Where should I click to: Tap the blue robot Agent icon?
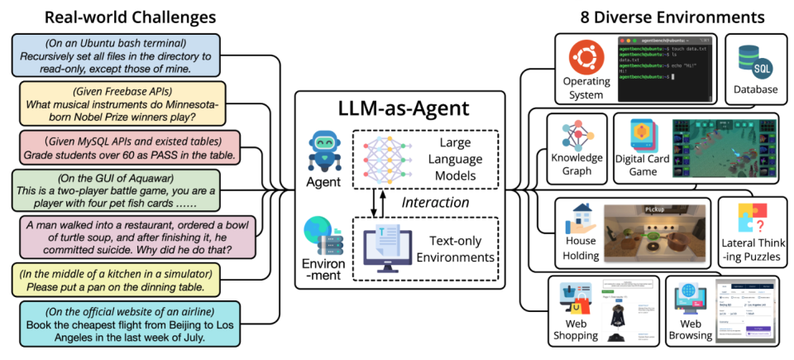[323, 150]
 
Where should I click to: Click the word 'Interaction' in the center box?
[436, 202]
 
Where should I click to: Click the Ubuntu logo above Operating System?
[585, 60]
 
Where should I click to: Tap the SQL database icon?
[753, 60]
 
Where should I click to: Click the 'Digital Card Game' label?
[641, 165]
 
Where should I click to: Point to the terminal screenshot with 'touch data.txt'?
[666, 68]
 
